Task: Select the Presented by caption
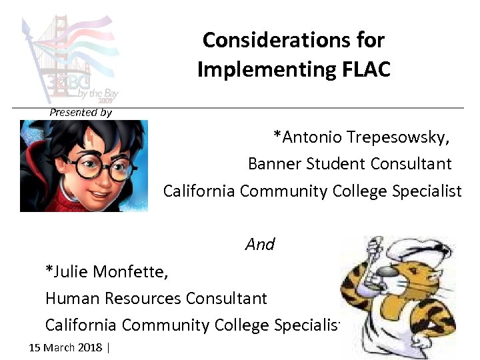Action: [x=80, y=112]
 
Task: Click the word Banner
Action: [x=271, y=163]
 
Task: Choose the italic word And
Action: [x=260, y=245]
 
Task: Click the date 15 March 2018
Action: [x=66, y=347]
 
